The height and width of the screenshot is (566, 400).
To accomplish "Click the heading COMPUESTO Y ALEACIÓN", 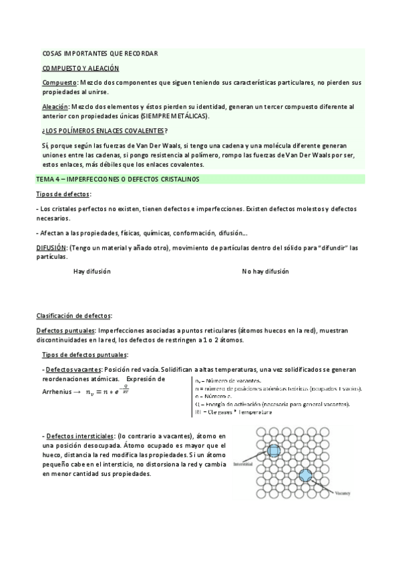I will [80, 68].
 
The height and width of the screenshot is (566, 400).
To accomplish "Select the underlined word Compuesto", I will [58, 82].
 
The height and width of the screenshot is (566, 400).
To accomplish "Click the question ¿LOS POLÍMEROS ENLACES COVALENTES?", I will [105, 130].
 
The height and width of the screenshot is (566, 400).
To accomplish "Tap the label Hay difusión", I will [92, 272].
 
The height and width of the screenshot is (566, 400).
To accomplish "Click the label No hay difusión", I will [265, 272].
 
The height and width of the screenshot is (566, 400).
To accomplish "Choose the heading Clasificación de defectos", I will [73, 315].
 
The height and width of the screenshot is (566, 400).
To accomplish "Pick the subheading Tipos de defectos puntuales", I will [85, 354].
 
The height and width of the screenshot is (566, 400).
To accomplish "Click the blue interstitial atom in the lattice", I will [272, 452].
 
